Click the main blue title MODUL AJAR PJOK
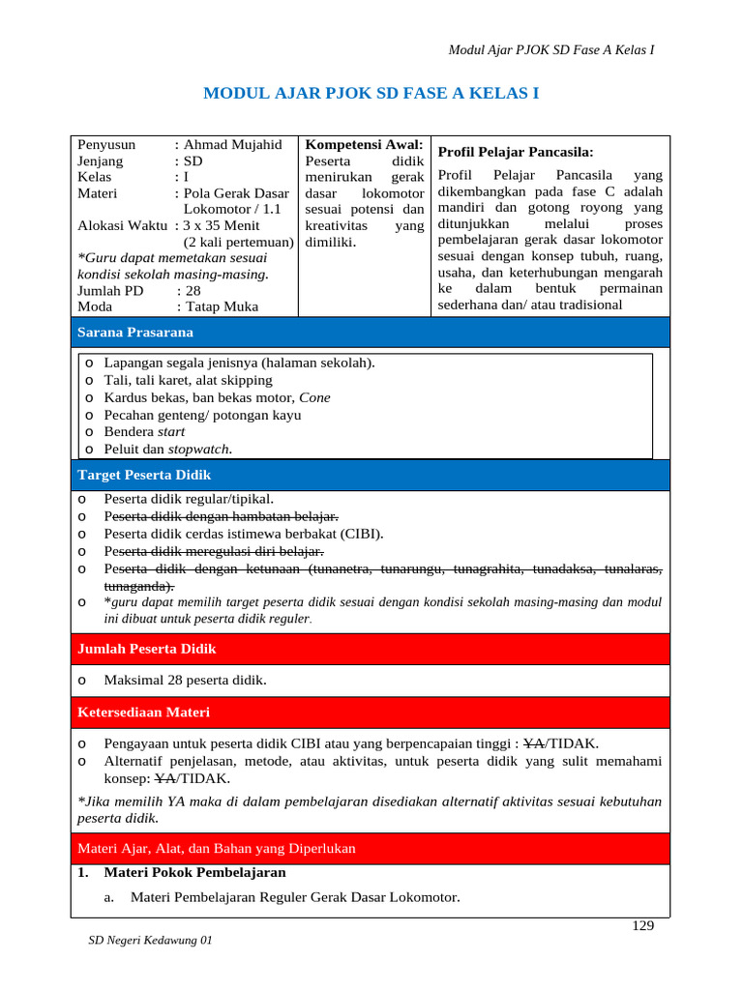coord(371,94)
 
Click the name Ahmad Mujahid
coord(232,145)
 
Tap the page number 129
coord(642,925)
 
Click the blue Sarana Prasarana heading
coord(134,333)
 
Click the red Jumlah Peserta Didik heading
coord(146,649)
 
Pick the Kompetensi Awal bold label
coord(364,144)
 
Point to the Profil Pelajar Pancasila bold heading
coord(516,152)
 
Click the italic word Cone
coord(314,397)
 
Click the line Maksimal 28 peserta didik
coord(185,681)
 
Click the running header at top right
coord(552,50)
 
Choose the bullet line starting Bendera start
coord(144,432)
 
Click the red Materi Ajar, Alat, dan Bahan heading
coord(216,849)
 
